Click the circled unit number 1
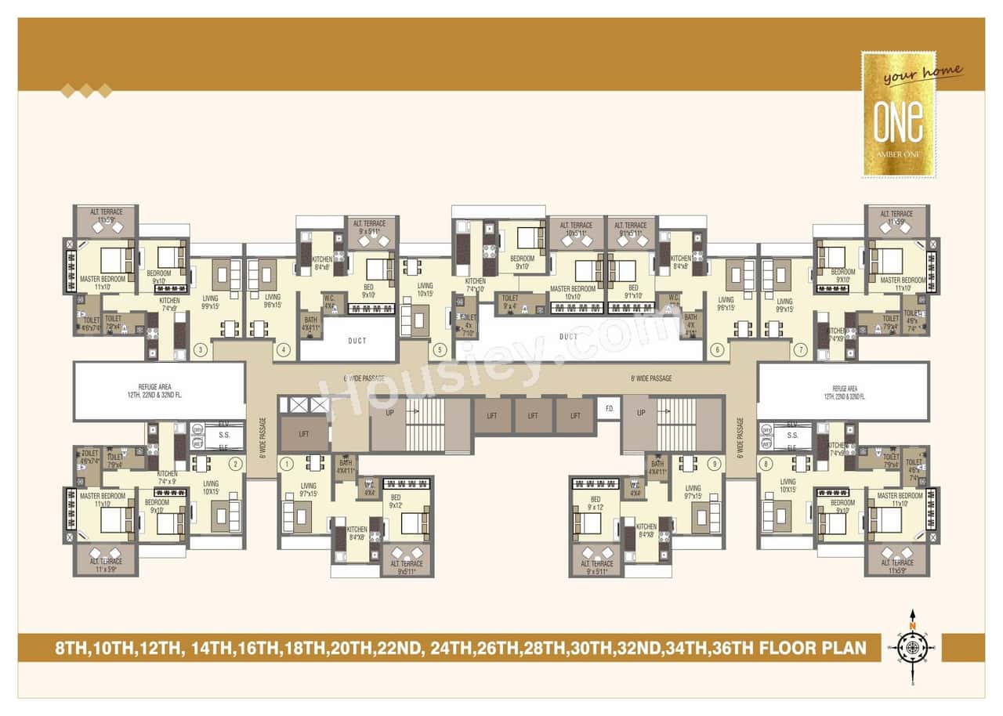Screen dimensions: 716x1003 pyautogui.click(x=287, y=464)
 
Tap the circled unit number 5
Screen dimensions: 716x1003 pyautogui.click(x=440, y=349)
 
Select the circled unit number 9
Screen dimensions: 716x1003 pyautogui.click(x=714, y=464)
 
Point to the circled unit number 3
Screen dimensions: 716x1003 pyautogui.click(x=201, y=349)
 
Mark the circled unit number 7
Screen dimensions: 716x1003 pyautogui.click(x=800, y=349)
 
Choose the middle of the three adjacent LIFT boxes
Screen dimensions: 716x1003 pyautogui.click(x=533, y=416)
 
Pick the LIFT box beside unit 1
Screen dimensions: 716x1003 pyautogui.click(x=303, y=433)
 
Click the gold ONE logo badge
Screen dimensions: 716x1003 pyautogui.click(x=899, y=114)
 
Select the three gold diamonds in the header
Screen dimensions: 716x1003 pyautogui.click(x=86, y=92)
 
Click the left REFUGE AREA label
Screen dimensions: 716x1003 pyautogui.click(x=159, y=392)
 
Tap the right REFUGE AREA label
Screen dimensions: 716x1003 pyautogui.click(x=845, y=392)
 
